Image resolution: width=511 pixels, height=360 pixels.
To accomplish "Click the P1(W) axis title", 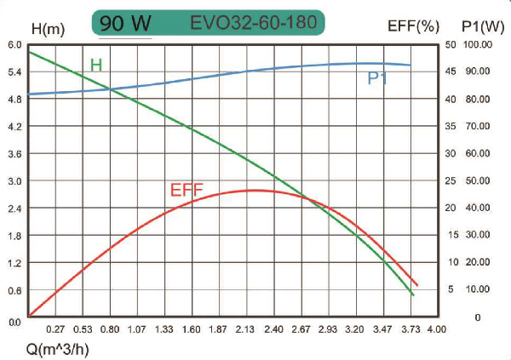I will pyautogui.click(x=480, y=27).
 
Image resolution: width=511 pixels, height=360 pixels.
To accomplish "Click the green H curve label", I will pyautogui.click(x=96, y=66).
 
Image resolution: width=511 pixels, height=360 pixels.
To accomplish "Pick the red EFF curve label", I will pyautogui.click(x=186, y=190).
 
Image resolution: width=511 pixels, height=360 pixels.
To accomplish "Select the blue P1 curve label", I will pyautogui.click(x=378, y=78).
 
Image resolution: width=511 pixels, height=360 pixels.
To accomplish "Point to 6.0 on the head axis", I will pyautogui.click(x=14, y=44).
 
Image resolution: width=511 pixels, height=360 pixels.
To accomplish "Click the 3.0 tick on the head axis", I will pyautogui.click(x=14, y=181).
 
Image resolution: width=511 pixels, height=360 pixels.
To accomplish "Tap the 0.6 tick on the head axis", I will pyautogui.click(x=14, y=290).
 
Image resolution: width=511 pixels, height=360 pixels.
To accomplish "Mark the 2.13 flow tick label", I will pyautogui.click(x=246, y=329).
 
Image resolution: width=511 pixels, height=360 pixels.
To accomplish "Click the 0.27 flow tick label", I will pyautogui.click(x=55, y=329).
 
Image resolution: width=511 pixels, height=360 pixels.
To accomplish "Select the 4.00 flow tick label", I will pyautogui.click(x=437, y=329).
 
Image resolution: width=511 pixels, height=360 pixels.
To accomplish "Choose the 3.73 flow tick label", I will pyautogui.click(x=410, y=329).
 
